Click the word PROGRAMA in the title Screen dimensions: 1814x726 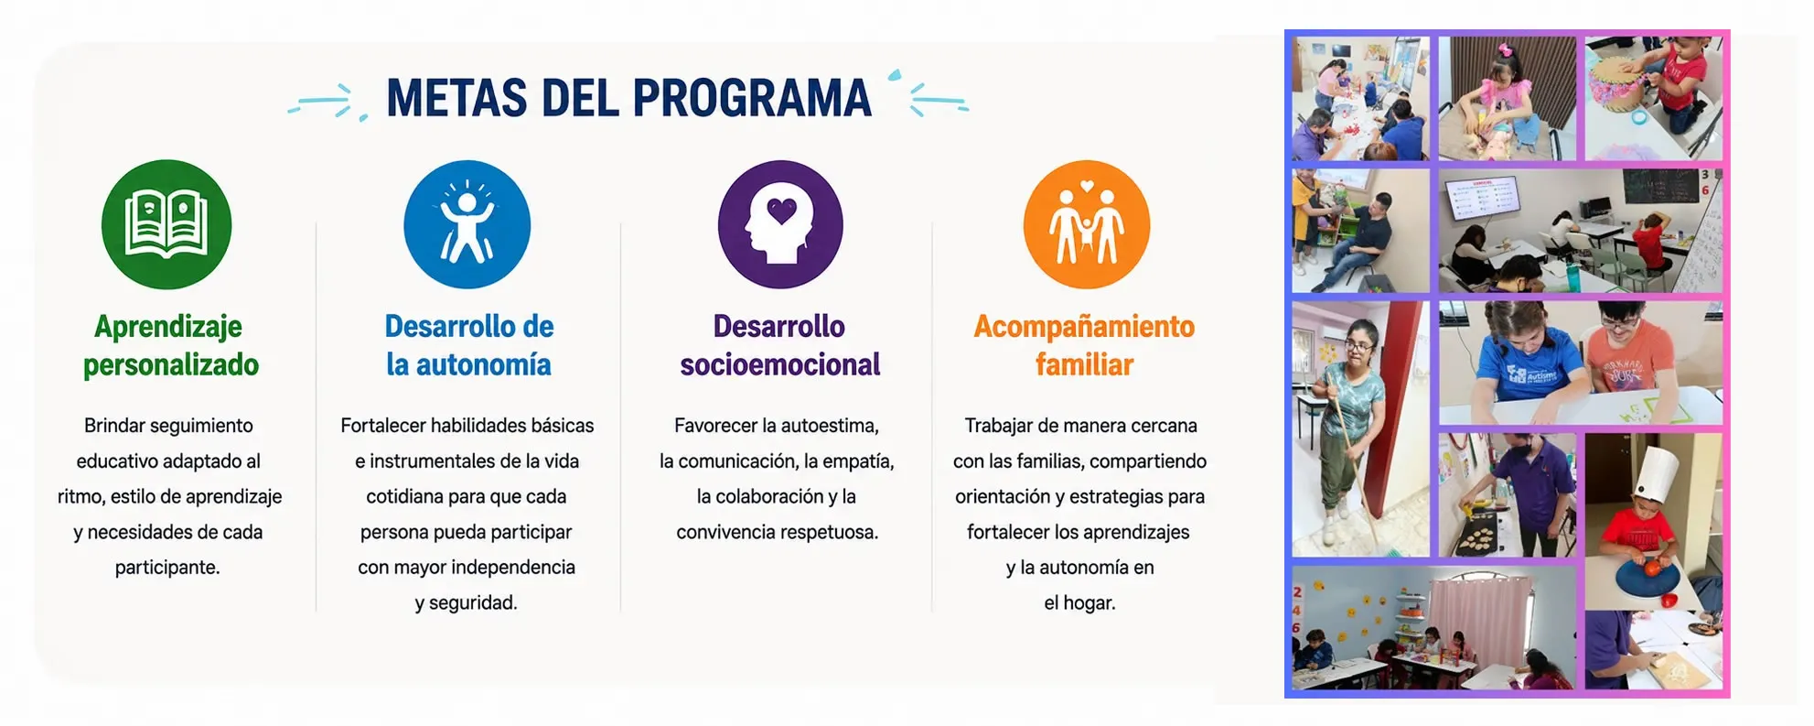coord(752,98)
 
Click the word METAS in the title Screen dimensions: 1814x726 coord(456,98)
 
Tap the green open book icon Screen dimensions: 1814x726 coord(166,224)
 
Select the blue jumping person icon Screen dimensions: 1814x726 coord(467,224)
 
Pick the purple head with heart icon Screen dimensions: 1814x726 coord(780,224)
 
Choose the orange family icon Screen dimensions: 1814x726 coord(1087,224)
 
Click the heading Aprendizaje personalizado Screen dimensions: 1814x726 coord(170,345)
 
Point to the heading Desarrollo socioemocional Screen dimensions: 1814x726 coord(779,345)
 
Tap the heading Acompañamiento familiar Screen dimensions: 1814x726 coord(1084,345)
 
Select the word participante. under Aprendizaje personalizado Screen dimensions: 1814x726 coord(167,568)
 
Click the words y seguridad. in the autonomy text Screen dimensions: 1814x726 coord(467,603)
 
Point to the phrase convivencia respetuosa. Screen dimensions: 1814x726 coord(778,532)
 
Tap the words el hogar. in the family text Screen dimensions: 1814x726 coord(1080,603)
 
